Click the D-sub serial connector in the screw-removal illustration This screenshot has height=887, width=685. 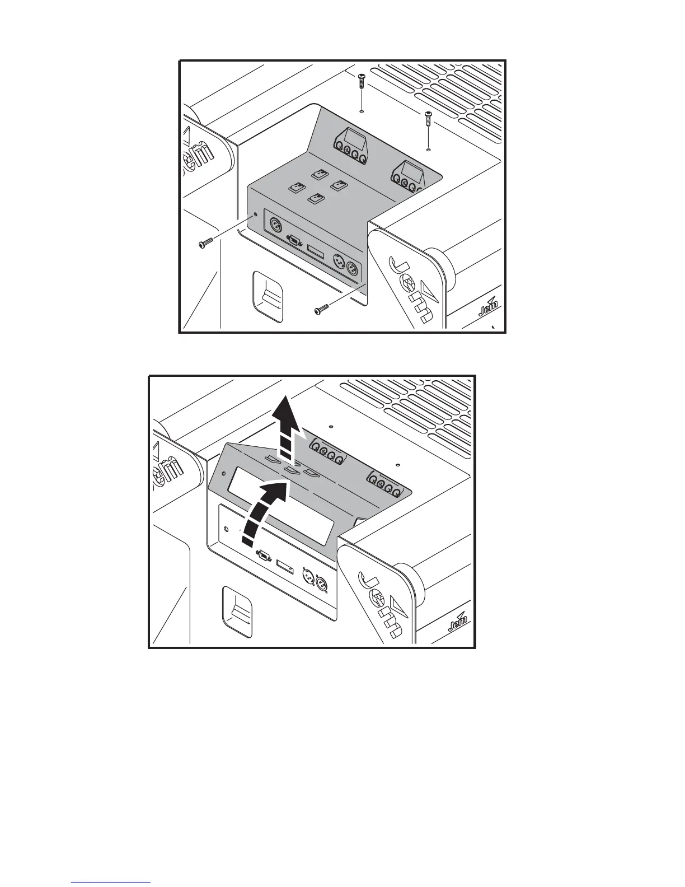pyautogui.click(x=294, y=241)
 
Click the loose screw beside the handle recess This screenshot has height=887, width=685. pyautogui.click(x=322, y=309)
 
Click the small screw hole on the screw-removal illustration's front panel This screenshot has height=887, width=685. pyautogui.click(x=256, y=214)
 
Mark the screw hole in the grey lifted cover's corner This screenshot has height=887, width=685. pyautogui.click(x=226, y=527)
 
